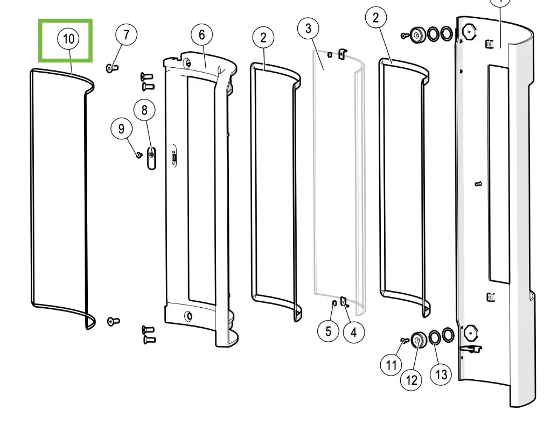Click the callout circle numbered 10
pyautogui.click(x=68, y=39)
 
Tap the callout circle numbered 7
pyautogui.click(x=126, y=36)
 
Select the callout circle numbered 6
pyautogui.click(x=201, y=36)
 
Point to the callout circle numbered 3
pyautogui.click(x=308, y=29)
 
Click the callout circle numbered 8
pyautogui.click(x=144, y=111)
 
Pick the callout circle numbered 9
pyautogui.click(x=121, y=129)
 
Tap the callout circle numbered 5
pyautogui.click(x=328, y=331)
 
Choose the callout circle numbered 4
pyautogui.click(x=353, y=332)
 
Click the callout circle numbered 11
pyautogui.click(x=391, y=365)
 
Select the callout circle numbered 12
pyautogui.click(x=411, y=380)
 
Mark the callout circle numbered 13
pyautogui.click(x=441, y=374)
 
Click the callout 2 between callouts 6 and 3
pyautogui.click(x=263, y=38)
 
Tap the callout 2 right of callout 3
pyautogui.click(x=375, y=18)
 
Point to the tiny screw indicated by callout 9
pyautogui.click(x=138, y=155)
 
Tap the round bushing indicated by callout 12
pyautogui.click(x=417, y=339)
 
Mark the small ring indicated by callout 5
pyautogui.click(x=333, y=304)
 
